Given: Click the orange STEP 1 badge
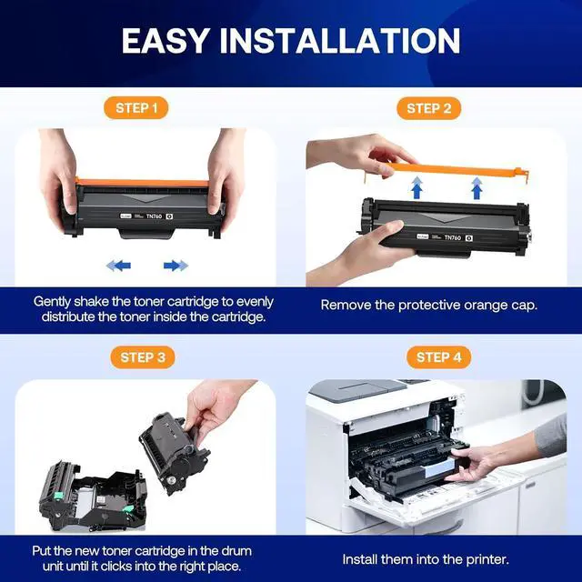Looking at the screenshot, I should (x=136, y=108).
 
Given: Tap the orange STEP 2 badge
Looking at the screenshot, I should (x=428, y=108).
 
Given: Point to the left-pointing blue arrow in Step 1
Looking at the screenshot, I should (x=118, y=266).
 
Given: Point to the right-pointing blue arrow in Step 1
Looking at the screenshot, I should (x=175, y=266).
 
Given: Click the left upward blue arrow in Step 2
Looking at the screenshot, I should (x=416, y=189).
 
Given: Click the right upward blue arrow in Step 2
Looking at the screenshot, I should (x=476, y=189).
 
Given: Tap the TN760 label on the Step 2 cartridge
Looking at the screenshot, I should (x=452, y=236).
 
